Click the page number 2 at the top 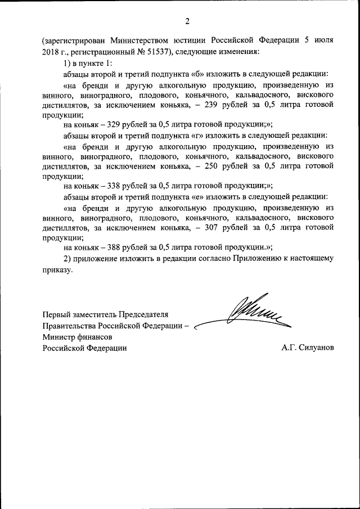pos(187,21)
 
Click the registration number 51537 pos(156,52)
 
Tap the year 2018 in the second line pos(51,52)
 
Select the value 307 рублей pos(219,227)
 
